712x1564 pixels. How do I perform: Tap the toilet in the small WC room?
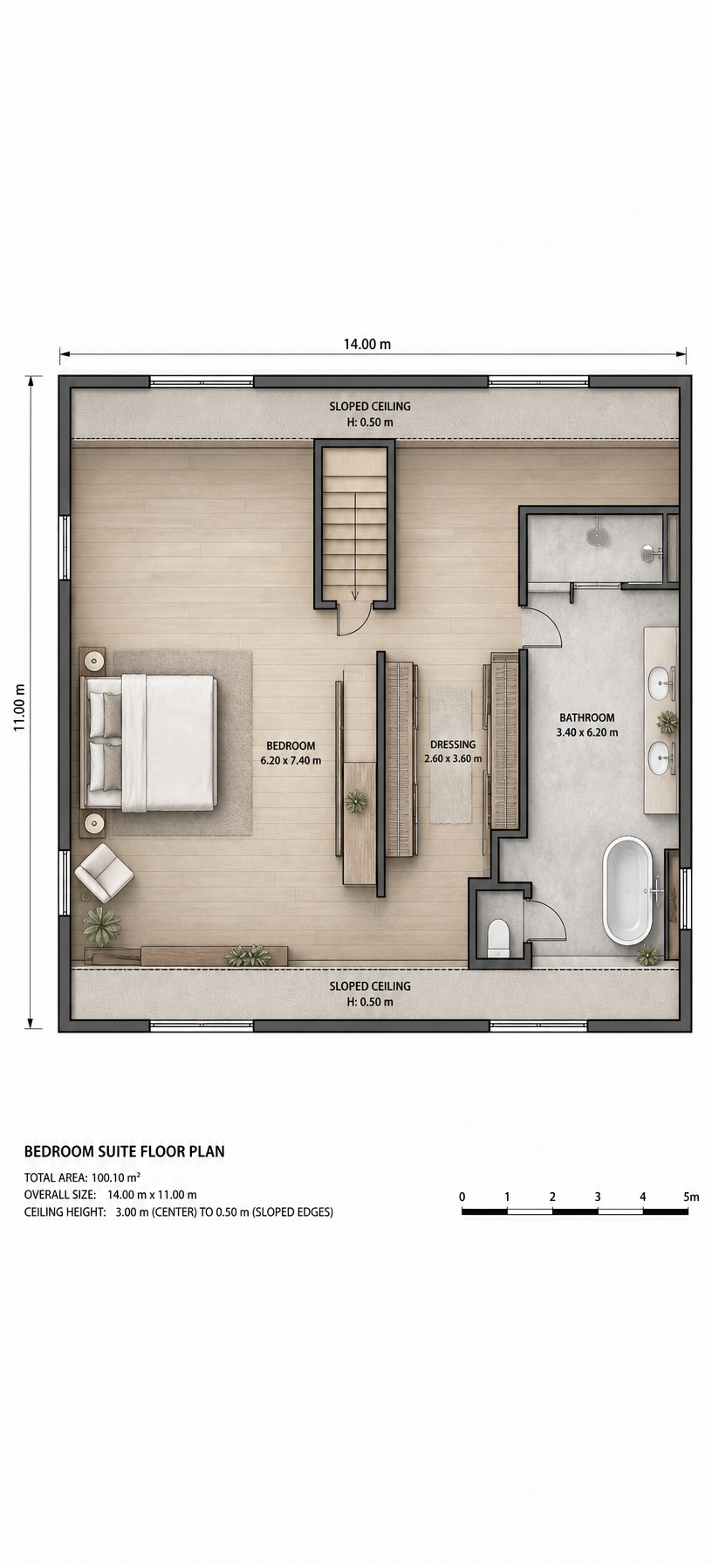(x=498, y=936)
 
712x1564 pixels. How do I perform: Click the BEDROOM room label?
(x=291, y=745)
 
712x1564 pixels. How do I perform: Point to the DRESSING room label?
(x=453, y=744)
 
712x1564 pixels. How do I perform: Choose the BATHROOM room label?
(x=587, y=718)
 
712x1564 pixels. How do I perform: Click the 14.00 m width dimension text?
(x=367, y=344)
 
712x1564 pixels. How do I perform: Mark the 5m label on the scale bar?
(x=691, y=1197)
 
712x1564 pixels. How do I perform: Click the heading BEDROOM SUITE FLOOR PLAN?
(x=125, y=1151)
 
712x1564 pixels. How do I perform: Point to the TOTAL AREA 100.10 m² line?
(x=83, y=1176)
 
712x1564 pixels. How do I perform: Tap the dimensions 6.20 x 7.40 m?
(x=291, y=760)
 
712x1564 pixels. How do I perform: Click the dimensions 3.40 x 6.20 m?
(x=587, y=732)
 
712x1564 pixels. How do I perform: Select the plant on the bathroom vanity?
(x=667, y=722)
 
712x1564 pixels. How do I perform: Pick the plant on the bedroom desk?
(x=356, y=801)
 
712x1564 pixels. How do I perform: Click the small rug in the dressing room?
(x=450, y=756)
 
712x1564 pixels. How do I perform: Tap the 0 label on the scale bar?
(x=462, y=1197)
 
